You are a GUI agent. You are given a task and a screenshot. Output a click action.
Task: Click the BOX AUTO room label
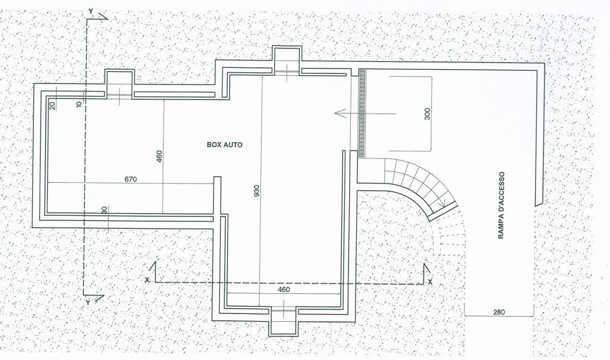pos(225,144)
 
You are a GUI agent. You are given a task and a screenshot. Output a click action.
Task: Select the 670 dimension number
pos(131,179)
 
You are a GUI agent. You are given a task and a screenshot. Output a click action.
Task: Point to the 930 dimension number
pos(257,191)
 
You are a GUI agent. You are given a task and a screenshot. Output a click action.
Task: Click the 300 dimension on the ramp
pos(427,114)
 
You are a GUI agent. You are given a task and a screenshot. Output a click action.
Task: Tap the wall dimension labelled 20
pos(52,105)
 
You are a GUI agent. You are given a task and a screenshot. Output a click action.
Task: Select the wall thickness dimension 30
pos(105,210)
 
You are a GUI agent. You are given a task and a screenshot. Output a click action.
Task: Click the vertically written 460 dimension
pos(158,156)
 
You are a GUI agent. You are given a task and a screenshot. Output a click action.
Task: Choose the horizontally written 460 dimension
pos(284,290)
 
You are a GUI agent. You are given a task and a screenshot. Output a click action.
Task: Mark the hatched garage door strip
pos(362,113)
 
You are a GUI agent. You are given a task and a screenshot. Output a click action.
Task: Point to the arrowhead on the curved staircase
pos(441,204)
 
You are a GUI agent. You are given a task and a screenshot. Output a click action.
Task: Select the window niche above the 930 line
pos(289,60)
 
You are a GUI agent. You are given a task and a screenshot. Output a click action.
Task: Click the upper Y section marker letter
pos(90,11)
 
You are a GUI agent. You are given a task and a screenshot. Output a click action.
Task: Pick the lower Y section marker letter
pos(88,302)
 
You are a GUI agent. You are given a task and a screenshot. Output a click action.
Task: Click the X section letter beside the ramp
pos(430,281)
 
